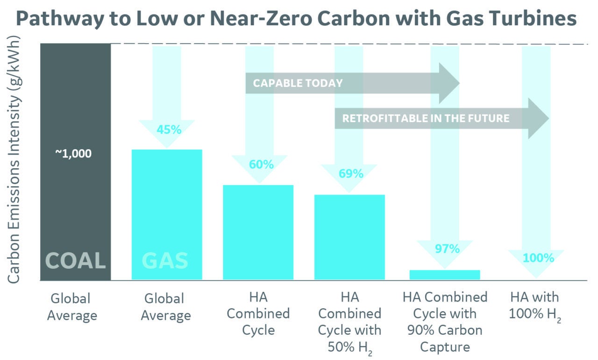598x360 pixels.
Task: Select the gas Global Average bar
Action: (167, 206)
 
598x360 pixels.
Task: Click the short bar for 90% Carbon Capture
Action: (444, 275)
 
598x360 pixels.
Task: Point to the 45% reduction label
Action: (169, 130)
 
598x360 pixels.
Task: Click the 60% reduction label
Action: (261, 165)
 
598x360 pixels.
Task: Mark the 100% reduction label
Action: (538, 258)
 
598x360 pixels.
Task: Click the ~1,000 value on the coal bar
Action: (73, 154)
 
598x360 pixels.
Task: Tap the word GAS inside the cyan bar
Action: (164, 260)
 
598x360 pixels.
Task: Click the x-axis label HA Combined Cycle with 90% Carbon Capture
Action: (445, 322)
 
